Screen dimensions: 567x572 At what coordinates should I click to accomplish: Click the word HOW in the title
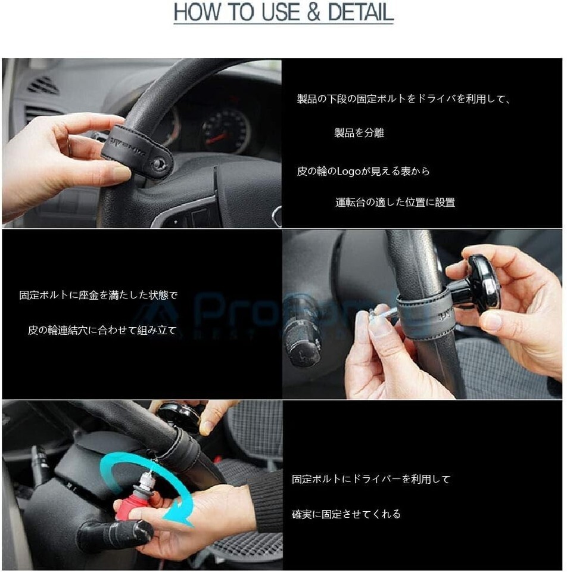click(x=198, y=12)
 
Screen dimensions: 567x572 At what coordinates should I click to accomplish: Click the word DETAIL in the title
click(x=360, y=12)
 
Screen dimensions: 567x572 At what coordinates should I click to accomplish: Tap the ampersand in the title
click(x=313, y=12)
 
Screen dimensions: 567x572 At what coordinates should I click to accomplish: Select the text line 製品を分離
click(x=359, y=132)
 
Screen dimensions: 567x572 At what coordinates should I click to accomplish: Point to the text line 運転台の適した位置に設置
click(x=395, y=202)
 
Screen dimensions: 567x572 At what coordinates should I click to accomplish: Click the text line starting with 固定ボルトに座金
click(x=98, y=295)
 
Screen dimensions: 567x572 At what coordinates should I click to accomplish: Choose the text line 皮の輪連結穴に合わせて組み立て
click(x=102, y=330)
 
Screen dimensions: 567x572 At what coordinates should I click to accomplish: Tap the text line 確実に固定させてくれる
click(x=346, y=514)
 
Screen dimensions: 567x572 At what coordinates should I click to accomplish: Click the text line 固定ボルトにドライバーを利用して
click(x=371, y=479)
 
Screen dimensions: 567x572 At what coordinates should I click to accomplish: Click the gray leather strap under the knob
click(x=426, y=314)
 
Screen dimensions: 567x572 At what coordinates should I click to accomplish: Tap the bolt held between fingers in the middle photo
click(x=383, y=314)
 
